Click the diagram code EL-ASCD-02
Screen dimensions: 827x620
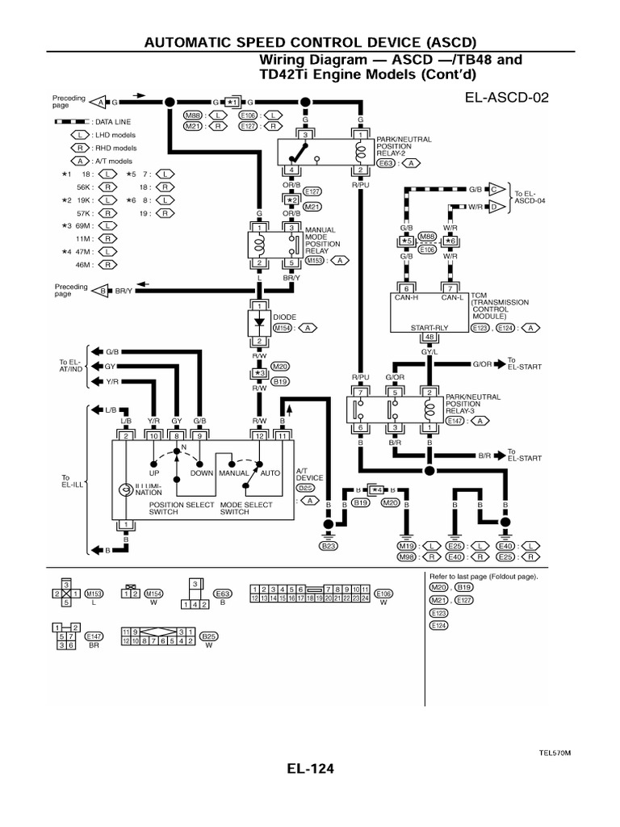coord(506,99)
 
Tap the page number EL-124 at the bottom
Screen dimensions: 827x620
coord(310,768)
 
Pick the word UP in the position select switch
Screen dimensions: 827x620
coord(153,472)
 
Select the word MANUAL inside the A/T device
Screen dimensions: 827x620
coord(232,472)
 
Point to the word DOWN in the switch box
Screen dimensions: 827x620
coord(201,472)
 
